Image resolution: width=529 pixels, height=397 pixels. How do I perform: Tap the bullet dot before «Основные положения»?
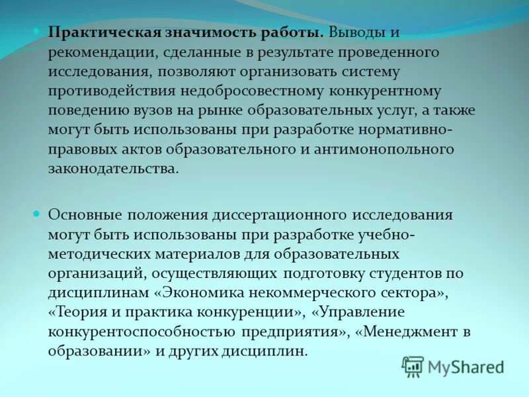[x=37, y=214]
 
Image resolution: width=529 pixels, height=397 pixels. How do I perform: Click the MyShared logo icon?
[x=413, y=366]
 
